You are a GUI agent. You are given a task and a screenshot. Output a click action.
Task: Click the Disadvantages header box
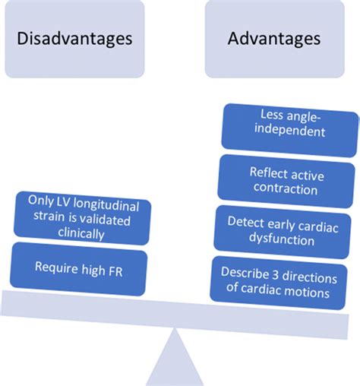(73, 38)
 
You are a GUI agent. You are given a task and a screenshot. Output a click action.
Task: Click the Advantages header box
(274, 38)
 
